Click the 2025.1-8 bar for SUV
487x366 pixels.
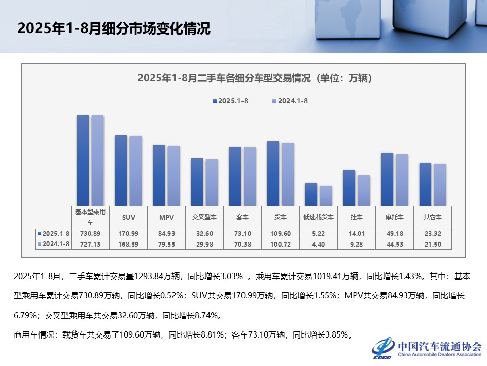point(121,170)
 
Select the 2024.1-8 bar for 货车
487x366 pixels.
point(288,174)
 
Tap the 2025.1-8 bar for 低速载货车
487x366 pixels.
point(311,195)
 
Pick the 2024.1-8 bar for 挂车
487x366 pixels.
point(364,191)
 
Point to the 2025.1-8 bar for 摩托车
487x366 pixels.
point(387,179)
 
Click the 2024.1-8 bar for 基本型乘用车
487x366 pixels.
point(97,161)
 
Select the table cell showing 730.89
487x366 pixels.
point(90,233)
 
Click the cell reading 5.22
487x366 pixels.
point(318,233)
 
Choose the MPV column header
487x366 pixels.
point(166,217)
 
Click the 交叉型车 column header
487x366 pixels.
point(204,217)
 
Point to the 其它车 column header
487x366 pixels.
point(432,217)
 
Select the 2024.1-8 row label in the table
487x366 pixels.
point(54,245)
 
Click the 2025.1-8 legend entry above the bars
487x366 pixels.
point(230,101)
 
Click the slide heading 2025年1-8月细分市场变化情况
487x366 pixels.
point(114,28)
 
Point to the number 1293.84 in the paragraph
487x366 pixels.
point(152,277)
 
